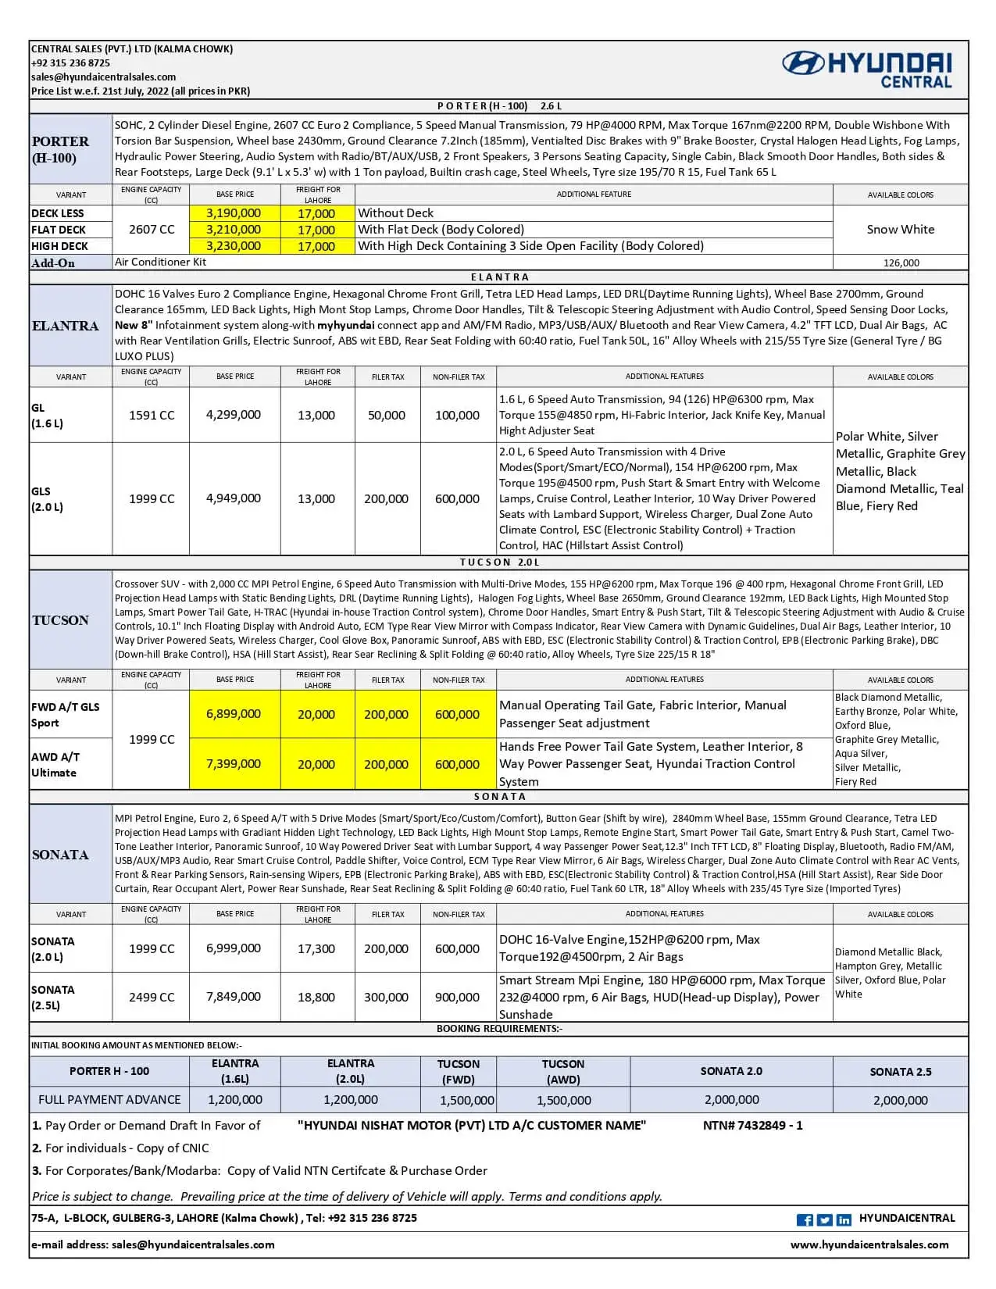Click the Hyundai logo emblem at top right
click(803, 63)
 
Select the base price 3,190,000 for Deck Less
click(234, 213)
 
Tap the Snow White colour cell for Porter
click(900, 230)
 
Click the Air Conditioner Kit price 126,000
click(901, 263)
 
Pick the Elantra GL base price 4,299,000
click(234, 415)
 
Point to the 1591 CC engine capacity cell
click(152, 415)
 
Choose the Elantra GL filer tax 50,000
click(387, 416)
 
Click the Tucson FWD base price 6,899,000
click(234, 714)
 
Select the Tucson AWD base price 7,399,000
click(234, 764)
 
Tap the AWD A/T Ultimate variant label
click(55, 765)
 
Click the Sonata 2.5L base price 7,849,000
click(234, 997)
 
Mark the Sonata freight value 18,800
click(316, 998)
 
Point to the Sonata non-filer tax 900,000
click(457, 998)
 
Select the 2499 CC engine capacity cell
click(152, 998)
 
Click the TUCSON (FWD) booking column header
click(459, 1072)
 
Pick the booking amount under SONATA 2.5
click(901, 1101)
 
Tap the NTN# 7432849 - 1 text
click(752, 1126)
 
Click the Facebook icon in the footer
click(805, 1220)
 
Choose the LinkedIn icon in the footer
click(844, 1220)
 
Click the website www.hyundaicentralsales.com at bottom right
click(869, 1245)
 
